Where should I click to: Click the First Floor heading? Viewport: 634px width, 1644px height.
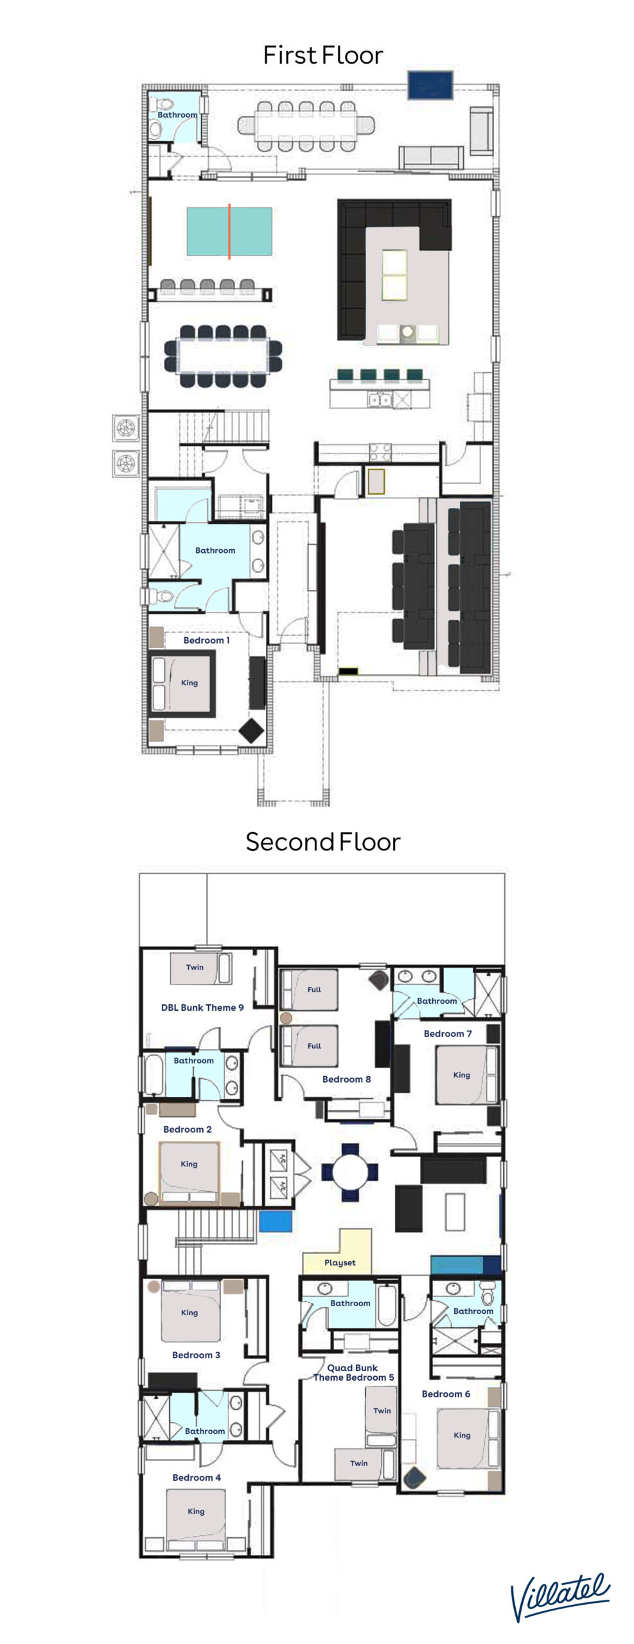click(x=322, y=55)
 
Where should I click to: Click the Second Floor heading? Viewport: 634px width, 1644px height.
click(x=322, y=841)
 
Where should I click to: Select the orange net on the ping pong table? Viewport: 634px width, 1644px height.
click(x=229, y=231)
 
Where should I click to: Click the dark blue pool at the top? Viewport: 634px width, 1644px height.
click(x=430, y=85)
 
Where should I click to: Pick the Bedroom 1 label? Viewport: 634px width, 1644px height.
click(x=206, y=640)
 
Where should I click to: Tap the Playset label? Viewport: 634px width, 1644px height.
click(x=340, y=1263)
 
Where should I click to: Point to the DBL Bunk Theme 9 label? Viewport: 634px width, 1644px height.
click(x=202, y=1008)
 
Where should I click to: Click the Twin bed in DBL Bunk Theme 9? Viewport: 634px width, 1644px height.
click(x=200, y=968)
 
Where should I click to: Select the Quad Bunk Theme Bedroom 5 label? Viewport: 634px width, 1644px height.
click(x=353, y=1372)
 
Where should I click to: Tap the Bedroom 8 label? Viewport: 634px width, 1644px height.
click(x=346, y=1079)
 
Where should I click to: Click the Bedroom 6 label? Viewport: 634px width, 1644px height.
click(x=446, y=1394)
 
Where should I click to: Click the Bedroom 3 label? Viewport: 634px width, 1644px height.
click(x=196, y=1354)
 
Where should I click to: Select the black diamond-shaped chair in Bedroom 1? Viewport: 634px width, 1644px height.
click(x=251, y=730)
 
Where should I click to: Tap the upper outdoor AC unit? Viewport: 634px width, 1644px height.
click(x=125, y=427)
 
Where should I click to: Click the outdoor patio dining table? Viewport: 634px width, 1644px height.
click(x=306, y=126)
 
